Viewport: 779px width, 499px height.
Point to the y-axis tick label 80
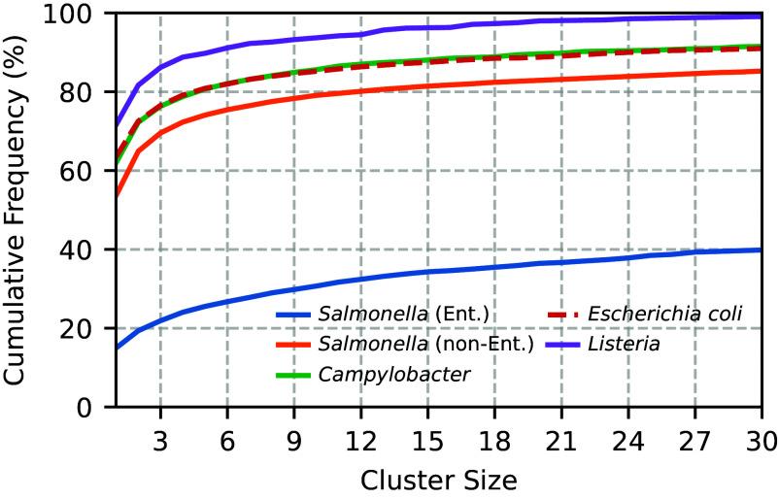[x=84, y=92]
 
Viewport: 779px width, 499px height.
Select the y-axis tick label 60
[x=84, y=171]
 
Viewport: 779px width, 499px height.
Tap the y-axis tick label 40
[x=84, y=249]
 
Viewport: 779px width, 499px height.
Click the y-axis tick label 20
[x=84, y=328]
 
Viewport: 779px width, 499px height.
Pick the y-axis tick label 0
[x=91, y=407]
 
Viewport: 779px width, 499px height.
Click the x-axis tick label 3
[x=159, y=432]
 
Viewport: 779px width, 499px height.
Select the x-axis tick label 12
[x=360, y=432]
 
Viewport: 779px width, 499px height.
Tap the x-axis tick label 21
[x=560, y=432]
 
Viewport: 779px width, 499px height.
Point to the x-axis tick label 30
[x=758, y=432]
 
